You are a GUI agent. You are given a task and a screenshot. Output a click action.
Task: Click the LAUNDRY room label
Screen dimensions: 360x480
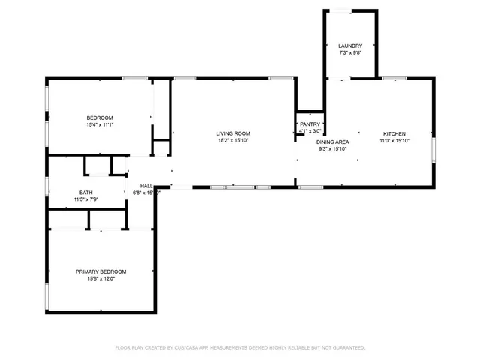coord(349,46)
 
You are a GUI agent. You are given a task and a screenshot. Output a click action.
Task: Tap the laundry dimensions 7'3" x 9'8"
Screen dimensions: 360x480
coord(349,53)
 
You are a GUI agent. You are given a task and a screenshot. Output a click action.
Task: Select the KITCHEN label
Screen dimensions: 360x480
coord(394,133)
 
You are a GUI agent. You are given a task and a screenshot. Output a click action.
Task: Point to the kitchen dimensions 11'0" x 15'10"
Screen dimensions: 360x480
coord(394,141)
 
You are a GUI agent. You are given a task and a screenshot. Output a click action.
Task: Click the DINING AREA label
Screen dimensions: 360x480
coord(331,142)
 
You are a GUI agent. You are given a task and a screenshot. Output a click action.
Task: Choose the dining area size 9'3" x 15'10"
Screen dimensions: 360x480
coord(331,149)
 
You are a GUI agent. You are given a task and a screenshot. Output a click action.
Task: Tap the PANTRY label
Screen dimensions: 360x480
coord(310,124)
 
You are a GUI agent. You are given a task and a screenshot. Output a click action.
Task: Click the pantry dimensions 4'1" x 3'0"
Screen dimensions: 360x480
coord(310,131)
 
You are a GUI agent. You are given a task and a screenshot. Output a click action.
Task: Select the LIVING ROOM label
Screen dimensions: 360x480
coord(232,133)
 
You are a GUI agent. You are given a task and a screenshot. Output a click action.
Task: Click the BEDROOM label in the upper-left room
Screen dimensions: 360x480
coord(99,118)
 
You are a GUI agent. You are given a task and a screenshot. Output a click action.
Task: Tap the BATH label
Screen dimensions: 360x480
coord(86,193)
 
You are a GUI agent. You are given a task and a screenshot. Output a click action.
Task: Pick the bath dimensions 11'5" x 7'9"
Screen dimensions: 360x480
coord(86,200)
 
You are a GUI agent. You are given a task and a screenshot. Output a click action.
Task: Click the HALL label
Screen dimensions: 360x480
coord(146,186)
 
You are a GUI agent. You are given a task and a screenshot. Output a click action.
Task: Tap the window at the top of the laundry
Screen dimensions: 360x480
coord(343,10)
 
